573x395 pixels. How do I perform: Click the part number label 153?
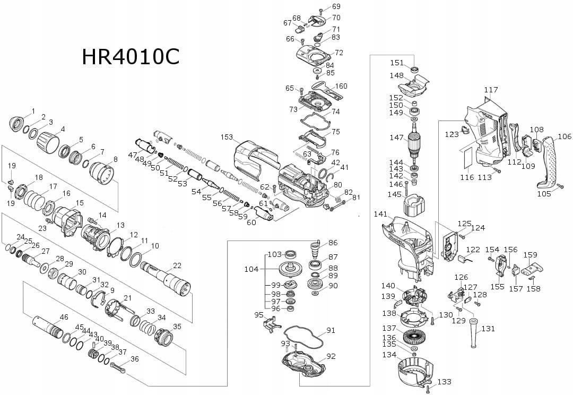pos(227,137)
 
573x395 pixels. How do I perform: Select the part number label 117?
pos(491,90)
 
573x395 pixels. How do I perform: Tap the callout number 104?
pos(251,269)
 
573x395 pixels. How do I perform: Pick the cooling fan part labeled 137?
pos(415,337)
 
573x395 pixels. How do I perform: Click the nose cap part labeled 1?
pos(20,123)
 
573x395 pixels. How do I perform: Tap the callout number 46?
pos(64,317)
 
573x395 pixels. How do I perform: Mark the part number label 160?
pos(341,86)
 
